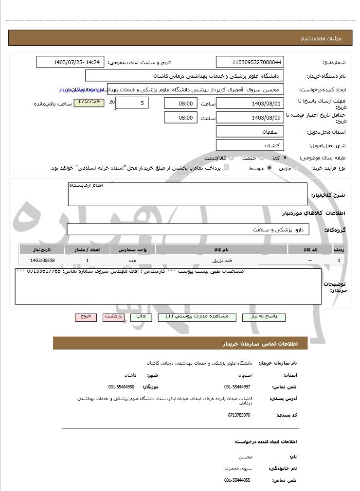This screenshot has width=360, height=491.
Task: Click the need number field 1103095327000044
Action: (250, 62)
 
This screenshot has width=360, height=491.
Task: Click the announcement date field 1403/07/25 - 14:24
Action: (70, 62)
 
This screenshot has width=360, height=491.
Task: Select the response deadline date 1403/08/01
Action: (250, 103)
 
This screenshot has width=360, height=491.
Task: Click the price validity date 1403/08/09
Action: (250, 118)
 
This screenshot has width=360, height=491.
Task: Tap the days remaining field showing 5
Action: (132, 103)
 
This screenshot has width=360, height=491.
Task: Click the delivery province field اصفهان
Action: (250, 132)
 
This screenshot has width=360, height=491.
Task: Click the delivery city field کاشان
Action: (250, 145)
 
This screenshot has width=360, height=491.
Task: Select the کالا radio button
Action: (285, 158)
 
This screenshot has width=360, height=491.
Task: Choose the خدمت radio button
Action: (262, 158)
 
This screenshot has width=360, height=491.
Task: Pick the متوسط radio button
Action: (269, 168)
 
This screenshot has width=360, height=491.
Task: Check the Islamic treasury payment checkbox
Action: (226, 168)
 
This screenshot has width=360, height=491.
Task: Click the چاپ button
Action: (141, 317)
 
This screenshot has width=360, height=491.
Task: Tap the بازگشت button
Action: (113, 317)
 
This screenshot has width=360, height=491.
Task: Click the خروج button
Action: (86, 317)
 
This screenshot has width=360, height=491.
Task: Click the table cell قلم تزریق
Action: (222, 261)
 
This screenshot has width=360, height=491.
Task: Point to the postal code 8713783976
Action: (239, 415)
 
